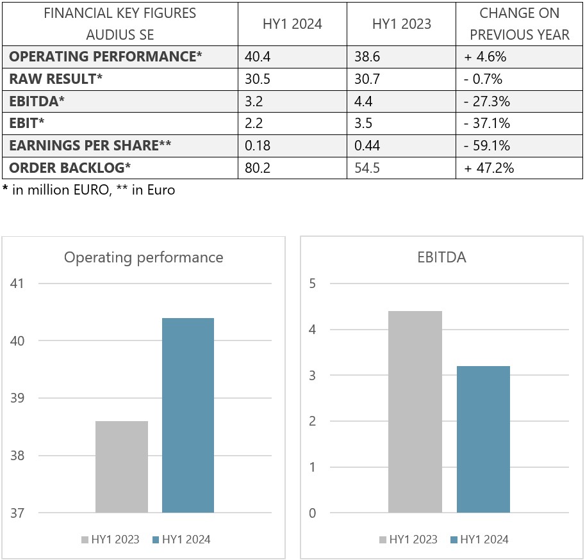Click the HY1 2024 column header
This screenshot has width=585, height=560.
point(292,24)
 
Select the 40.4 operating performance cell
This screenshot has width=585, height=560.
point(258,56)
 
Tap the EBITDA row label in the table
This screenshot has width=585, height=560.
point(37,101)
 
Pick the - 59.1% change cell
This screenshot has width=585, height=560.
point(487,146)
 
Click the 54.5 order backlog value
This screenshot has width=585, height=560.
point(367,168)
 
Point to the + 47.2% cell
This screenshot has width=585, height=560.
point(489,168)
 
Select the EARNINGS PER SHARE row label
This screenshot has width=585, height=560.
point(90,146)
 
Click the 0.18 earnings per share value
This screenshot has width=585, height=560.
point(258,146)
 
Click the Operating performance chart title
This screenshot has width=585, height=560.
point(144,257)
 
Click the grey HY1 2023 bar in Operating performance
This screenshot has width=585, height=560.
point(122,467)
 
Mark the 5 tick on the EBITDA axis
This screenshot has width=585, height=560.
point(313,283)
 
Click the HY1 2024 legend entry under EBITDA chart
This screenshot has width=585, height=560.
point(479,540)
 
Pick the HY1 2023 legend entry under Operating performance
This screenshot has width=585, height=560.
point(110,540)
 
